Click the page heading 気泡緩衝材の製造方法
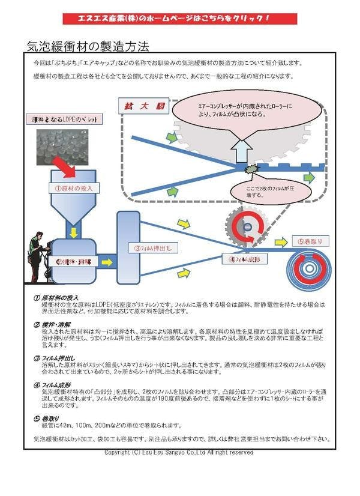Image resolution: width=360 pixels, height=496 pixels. point(88,46)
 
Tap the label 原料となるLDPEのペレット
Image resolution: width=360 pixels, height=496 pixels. point(64,119)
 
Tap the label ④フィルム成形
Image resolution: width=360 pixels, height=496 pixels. point(243,259)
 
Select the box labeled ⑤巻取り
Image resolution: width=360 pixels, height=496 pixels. point(310,241)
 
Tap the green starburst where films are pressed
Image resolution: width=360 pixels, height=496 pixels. point(253,170)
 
